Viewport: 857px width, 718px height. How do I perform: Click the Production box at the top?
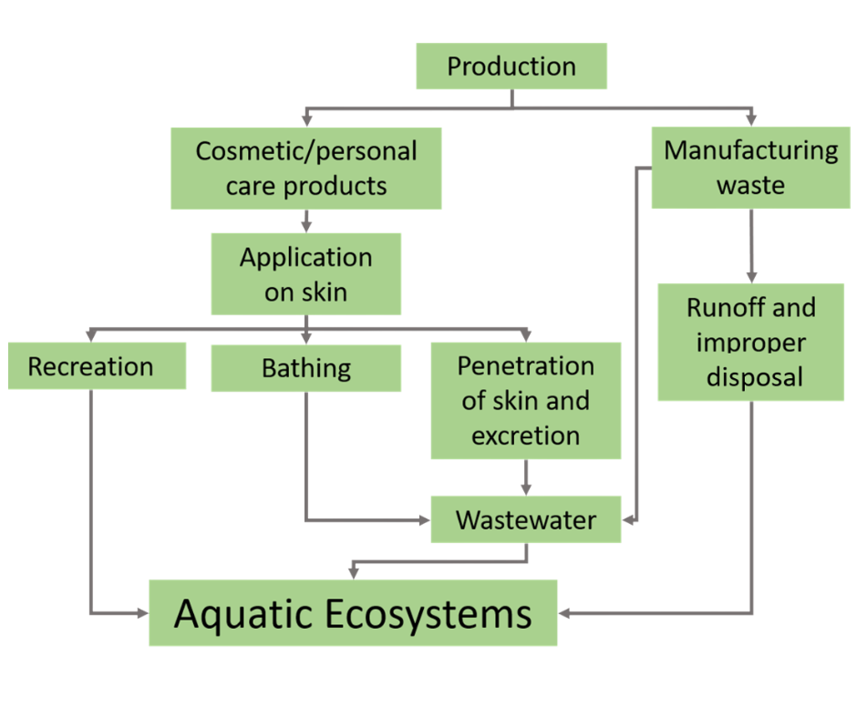point(511,67)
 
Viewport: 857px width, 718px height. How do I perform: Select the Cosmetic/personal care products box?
point(306,168)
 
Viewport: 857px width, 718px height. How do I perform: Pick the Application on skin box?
point(305,274)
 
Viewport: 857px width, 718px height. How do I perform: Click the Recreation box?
point(91,366)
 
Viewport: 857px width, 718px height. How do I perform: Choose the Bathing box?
point(305,368)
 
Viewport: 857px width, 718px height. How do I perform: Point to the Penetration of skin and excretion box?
point(525,401)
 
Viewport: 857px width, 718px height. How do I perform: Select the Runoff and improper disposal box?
point(750,342)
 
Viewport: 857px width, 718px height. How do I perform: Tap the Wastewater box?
point(525,520)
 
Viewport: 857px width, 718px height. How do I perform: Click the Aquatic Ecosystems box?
point(353,613)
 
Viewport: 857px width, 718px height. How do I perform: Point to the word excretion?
point(525,436)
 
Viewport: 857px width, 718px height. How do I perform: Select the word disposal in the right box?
point(750,376)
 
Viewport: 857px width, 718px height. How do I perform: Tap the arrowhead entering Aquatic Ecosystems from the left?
point(142,613)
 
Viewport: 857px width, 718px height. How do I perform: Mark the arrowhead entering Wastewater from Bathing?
point(423,521)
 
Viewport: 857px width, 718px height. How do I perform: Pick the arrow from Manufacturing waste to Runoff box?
point(751,246)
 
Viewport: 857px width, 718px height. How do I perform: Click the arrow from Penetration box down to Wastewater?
point(526,477)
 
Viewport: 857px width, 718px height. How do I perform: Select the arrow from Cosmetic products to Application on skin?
point(306,221)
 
